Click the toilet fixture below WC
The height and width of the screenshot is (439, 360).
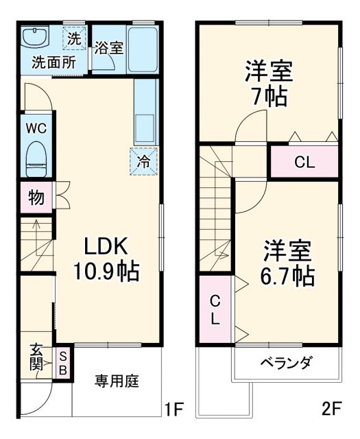(x=36, y=156)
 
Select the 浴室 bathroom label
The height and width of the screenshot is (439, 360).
(x=108, y=48)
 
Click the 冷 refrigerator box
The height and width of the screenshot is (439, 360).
(x=144, y=162)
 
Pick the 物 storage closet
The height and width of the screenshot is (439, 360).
(x=36, y=198)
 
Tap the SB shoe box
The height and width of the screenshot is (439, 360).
(x=62, y=363)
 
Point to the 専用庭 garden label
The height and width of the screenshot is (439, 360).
(x=117, y=381)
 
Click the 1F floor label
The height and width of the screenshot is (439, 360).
(x=174, y=411)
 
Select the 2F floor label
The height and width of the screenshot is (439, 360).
(x=332, y=411)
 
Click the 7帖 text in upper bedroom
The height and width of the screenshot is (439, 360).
(x=268, y=96)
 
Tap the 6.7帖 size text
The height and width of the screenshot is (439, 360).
(x=289, y=276)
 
